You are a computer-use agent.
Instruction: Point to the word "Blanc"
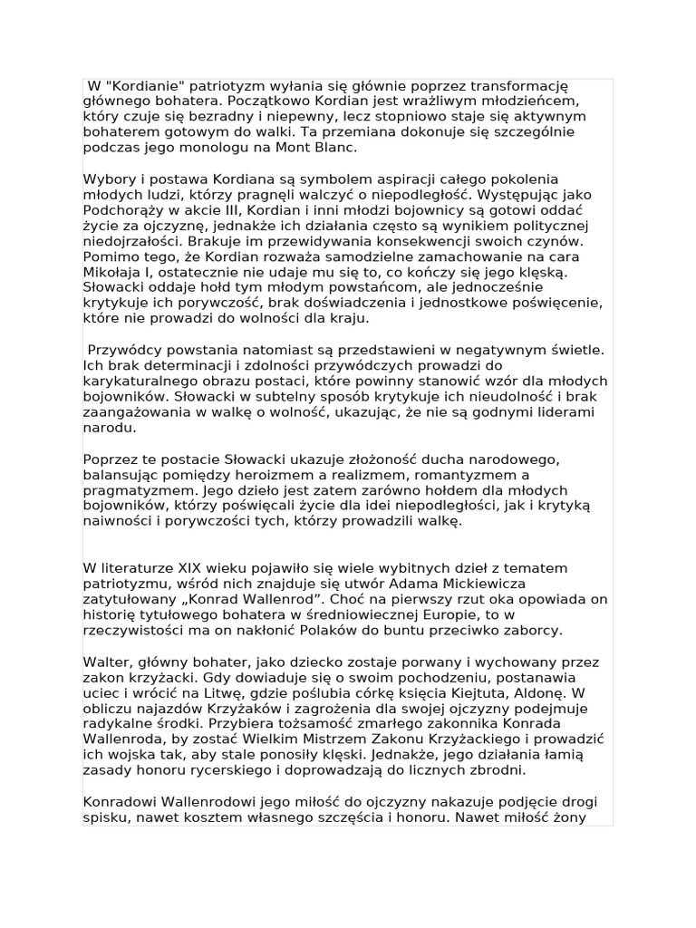pos(333,147)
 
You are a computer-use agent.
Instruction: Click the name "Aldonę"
pos(563,692)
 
